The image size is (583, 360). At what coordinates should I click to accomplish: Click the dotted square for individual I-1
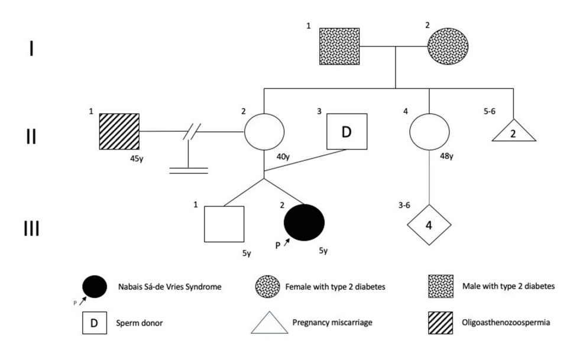[339, 47]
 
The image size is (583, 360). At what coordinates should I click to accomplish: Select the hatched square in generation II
[119, 131]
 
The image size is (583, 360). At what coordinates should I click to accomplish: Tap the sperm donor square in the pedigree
[346, 131]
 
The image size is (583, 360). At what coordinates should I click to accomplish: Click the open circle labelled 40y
[264, 131]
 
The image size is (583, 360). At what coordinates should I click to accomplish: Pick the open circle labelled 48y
[429, 131]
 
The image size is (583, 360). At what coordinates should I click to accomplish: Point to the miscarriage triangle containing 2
[513, 131]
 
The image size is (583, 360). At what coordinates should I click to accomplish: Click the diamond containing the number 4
[429, 224]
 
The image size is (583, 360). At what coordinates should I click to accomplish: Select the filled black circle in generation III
[304, 222]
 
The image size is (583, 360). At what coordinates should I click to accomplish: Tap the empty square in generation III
[224, 224]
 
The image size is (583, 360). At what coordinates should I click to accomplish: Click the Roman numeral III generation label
[31, 228]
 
